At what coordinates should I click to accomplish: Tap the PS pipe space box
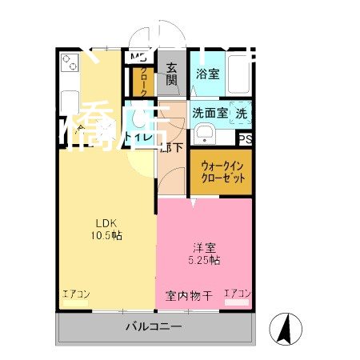(246, 138)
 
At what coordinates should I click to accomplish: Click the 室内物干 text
(190, 296)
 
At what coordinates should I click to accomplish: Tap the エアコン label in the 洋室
(238, 294)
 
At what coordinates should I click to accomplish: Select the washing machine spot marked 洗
(241, 114)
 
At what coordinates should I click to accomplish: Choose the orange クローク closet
(143, 80)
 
